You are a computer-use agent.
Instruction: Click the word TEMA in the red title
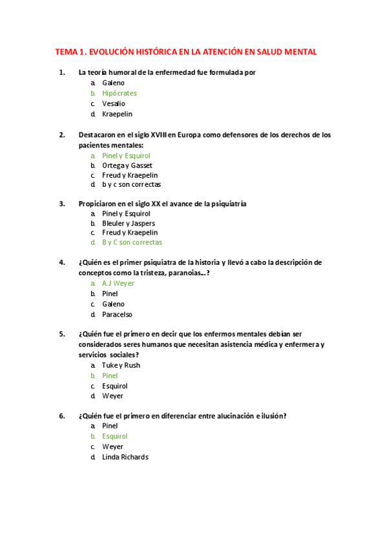coord(66,52)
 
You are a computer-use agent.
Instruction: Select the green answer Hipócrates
coord(120,93)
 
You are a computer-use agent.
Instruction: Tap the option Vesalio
coord(114,103)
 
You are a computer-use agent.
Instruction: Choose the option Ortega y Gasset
coord(127,165)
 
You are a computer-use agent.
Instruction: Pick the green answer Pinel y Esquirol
coord(126,156)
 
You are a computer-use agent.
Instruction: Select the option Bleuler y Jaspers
coord(129,223)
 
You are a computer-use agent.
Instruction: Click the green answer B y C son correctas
coord(132,242)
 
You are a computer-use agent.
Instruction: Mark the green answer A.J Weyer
coord(118,283)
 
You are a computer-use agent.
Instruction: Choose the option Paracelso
coord(117,314)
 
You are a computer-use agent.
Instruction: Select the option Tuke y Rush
coord(121,365)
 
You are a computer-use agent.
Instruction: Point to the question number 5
coord(61,334)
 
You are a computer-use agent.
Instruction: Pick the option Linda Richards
coord(125,457)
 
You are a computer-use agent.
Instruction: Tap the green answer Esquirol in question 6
coord(115,436)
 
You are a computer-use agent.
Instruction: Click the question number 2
coord(61,135)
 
